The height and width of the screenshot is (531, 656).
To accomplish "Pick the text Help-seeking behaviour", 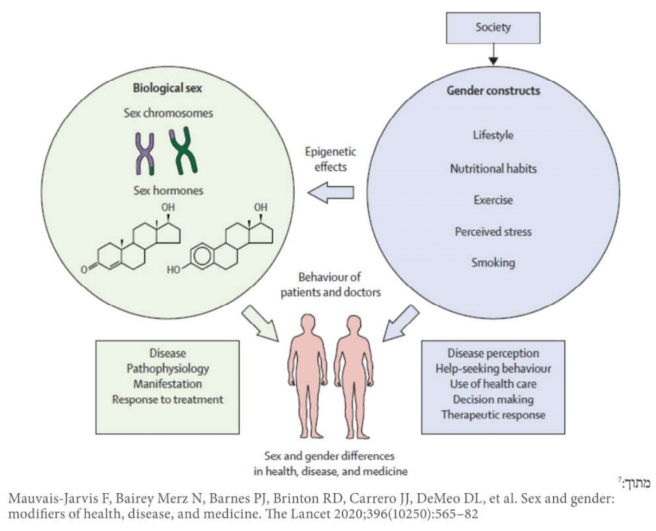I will (493, 368).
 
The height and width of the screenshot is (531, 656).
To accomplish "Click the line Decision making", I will (493, 399).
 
